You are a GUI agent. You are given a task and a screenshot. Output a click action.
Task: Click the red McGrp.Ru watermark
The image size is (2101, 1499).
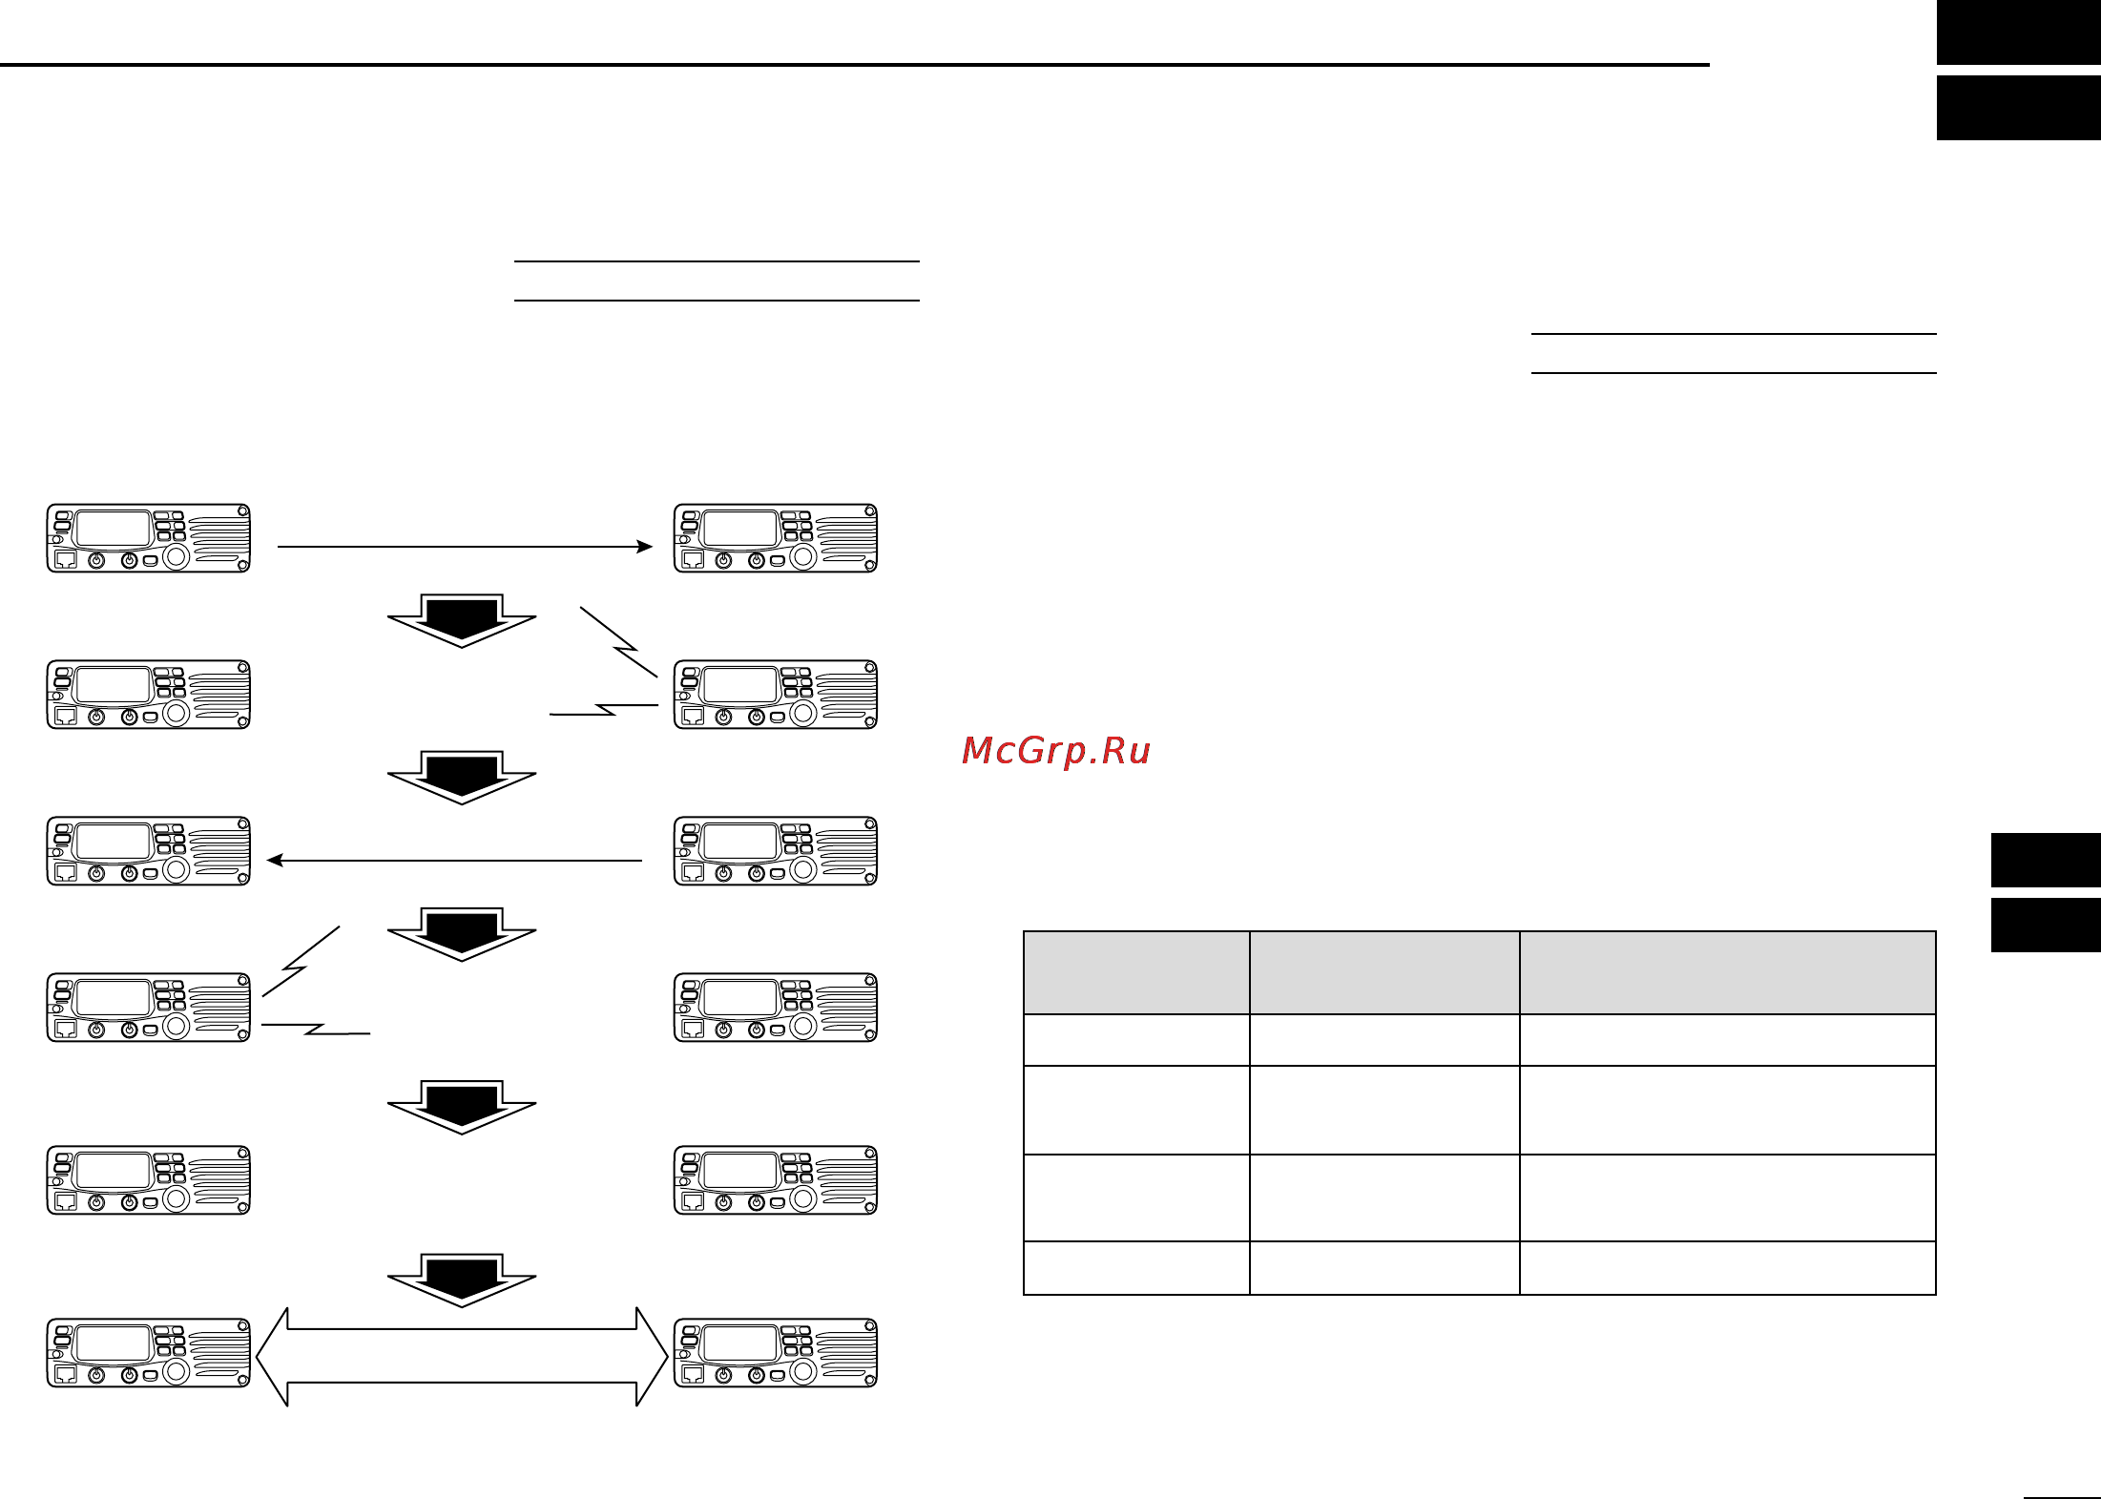[x=1056, y=751]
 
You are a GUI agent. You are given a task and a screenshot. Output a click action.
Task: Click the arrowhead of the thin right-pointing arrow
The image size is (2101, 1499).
[x=646, y=547]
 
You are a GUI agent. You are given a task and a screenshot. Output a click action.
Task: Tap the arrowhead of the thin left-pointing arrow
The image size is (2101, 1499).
[x=275, y=861]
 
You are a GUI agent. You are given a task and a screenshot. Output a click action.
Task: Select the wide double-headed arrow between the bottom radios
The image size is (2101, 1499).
[x=462, y=1357]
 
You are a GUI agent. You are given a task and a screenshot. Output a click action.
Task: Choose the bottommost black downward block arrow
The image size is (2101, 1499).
[x=462, y=1280]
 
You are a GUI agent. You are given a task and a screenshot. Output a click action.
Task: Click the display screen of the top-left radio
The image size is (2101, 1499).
[x=114, y=530]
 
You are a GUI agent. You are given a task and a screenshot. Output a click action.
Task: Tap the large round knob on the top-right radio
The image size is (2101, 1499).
[x=803, y=556]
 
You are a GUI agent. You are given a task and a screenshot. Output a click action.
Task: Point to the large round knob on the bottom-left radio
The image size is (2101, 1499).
[x=177, y=1371]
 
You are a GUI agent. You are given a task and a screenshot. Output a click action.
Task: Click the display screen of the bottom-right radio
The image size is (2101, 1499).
[x=740, y=1344]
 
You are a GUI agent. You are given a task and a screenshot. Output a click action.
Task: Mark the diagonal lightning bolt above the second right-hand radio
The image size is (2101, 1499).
[x=619, y=642]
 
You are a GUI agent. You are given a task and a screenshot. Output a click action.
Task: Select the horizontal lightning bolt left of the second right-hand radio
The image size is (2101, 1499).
[x=604, y=710]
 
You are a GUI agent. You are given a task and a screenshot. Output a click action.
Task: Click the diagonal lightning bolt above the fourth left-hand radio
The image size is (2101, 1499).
[x=301, y=962]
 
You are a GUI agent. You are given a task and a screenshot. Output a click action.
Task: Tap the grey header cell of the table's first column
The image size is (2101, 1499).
[x=1136, y=972]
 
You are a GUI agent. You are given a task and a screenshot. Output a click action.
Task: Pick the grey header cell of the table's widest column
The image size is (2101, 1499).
[x=1727, y=972]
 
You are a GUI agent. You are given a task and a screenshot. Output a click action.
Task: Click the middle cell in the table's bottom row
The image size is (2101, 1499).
[x=1384, y=1268]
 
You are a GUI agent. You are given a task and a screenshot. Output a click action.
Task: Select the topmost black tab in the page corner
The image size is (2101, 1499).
[x=2019, y=32]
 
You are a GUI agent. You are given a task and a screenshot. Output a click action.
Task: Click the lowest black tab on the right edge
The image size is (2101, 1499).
[x=2046, y=925]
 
